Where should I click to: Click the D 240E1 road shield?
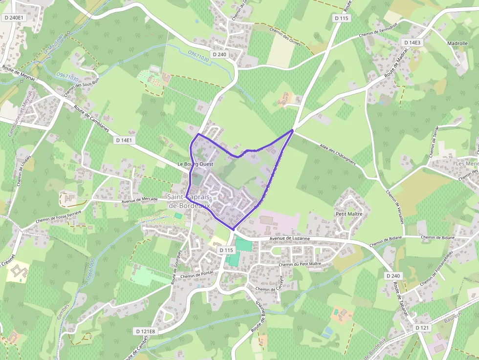click(x=13, y=18)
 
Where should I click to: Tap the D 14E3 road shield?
click(x=412, y=42)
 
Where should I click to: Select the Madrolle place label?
click(x=457, y=43)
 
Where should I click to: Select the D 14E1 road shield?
click(x=124, y=140)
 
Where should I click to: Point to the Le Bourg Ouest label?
click(x=196, y=165)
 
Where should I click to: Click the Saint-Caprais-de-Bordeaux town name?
click(x=189, y=201)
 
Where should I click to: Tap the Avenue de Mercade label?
click(x=139, y=199)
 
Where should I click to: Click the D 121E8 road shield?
click(x=145, y=331)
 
